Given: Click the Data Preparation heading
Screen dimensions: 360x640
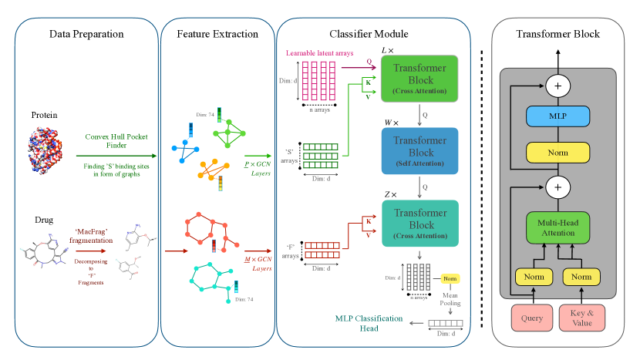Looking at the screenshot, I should click(x=86, y=34).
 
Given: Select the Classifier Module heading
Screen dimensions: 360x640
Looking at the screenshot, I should click(x=369, y=34).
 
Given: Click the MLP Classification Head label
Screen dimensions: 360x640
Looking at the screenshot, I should click(x=371, y=323).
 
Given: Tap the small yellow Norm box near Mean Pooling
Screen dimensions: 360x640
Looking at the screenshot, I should click(x=450, y=278).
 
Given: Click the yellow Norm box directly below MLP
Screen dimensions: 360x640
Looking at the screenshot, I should click(x=557, y=153).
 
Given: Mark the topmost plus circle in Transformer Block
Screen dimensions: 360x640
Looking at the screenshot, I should click(x=557, y=86).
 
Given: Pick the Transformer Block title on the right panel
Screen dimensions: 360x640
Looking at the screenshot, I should click(x=557, y=34).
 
